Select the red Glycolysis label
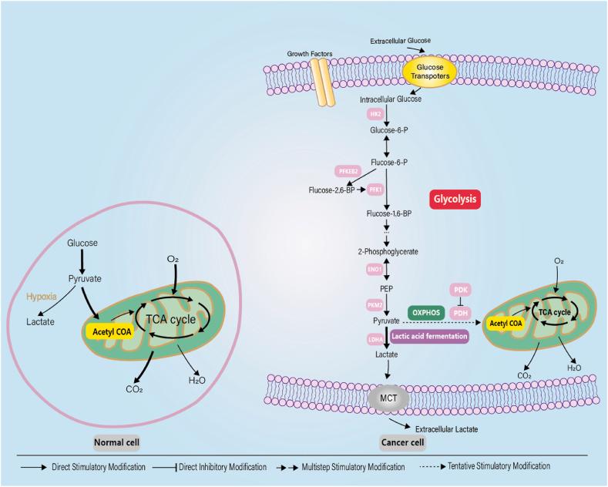[455, 199]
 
